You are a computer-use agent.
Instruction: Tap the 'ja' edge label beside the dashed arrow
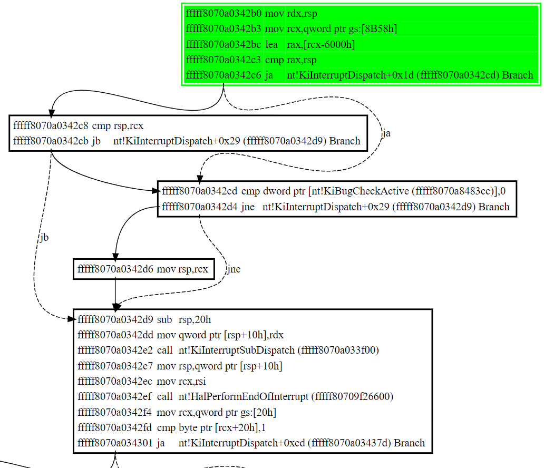pyautogui.click(x=386, y=133)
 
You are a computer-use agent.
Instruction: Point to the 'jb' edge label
pyautogui.click(x=44, y=238)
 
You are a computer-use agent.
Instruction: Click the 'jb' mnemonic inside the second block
pyautogui.click(x=96, y=141)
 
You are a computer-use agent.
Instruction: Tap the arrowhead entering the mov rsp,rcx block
pyautogui.click(x=115, y=256)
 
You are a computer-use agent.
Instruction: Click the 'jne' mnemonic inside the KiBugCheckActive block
pyautogui.click(x=248, y=207)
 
